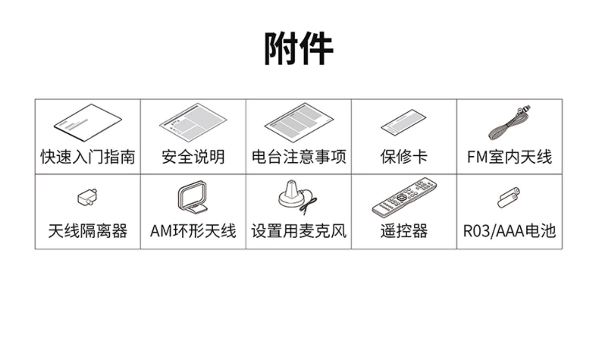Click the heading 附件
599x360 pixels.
click(x=299, y=49)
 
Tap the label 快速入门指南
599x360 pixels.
click(x=88, y=157)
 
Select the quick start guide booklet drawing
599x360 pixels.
click(x=88, y=123)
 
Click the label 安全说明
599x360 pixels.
click(x=193, y=157)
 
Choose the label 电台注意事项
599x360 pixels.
click(x=299, y=157)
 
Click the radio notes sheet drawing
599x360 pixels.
click(x=299, y=122)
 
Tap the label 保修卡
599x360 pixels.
click(x=404, y=157)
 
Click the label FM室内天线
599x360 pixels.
click(x=510, y=157)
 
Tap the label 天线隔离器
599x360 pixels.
click(x=88, y=231)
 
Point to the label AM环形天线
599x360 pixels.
click(x=193, y=231)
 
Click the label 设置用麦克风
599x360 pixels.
click(x=299, y=231)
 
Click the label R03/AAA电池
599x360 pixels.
click(x=510, y=231)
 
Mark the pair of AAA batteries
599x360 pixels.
click(x=509, y=197)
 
